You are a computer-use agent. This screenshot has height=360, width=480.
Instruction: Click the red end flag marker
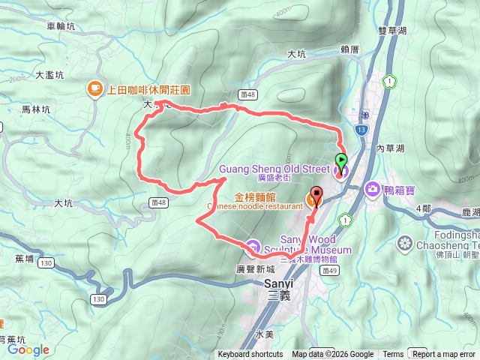316,196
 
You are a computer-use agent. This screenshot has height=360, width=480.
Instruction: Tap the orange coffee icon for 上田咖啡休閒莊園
94,89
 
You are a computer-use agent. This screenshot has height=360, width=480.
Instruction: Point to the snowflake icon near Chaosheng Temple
405,243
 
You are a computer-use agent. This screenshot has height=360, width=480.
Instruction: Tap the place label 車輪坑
61,26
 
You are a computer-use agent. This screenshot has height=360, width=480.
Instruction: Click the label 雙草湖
394,29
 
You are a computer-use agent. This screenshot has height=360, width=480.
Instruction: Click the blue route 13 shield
361,130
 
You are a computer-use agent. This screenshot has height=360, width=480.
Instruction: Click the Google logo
28,349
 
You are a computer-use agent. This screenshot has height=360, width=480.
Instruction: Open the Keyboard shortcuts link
250,355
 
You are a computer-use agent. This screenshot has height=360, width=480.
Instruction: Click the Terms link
393,355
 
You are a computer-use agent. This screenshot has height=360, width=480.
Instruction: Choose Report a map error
444,355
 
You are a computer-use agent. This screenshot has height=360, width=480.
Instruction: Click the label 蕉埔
25,259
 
